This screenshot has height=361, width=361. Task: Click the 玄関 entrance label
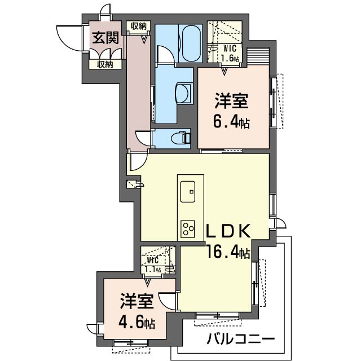(105, 38)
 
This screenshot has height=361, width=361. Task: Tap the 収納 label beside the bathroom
(139, 27)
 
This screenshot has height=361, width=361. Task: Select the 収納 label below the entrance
(105, 64)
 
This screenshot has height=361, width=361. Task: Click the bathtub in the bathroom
(191, 43)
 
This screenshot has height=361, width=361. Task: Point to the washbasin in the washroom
(184, 94)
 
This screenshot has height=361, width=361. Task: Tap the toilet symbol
(181, 138)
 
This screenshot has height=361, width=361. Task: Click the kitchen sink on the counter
(188, 192)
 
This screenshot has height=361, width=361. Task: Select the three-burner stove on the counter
(188, 230)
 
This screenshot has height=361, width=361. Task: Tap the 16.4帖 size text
(228, 252)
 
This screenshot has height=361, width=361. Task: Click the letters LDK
(228, 232)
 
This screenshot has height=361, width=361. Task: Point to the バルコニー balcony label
(241, 340)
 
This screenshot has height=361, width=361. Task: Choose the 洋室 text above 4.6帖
(137, 301)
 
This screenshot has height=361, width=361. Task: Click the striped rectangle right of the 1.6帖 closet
(258, 56)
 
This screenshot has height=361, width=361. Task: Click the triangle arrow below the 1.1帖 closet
(148, 282)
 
